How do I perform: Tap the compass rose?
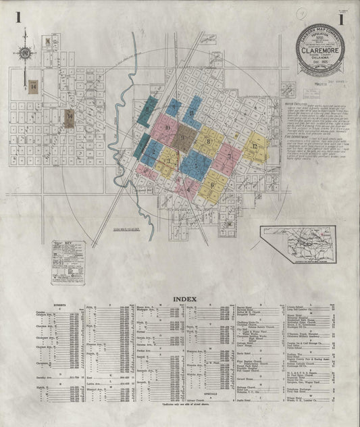click(x=26, y=53)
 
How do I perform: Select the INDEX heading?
click(x=185, y=298)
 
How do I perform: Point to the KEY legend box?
click(x=68, y=255)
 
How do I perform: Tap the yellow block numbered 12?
click(x=255, y=147)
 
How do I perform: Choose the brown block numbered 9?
click(x=182, y=137)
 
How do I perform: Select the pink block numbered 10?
click(x=165, y=129)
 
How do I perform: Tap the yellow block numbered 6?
click(x=212, y=182)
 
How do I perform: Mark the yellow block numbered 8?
click(x=209, y=141)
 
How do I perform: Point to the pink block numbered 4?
click(x=187, y=187)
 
